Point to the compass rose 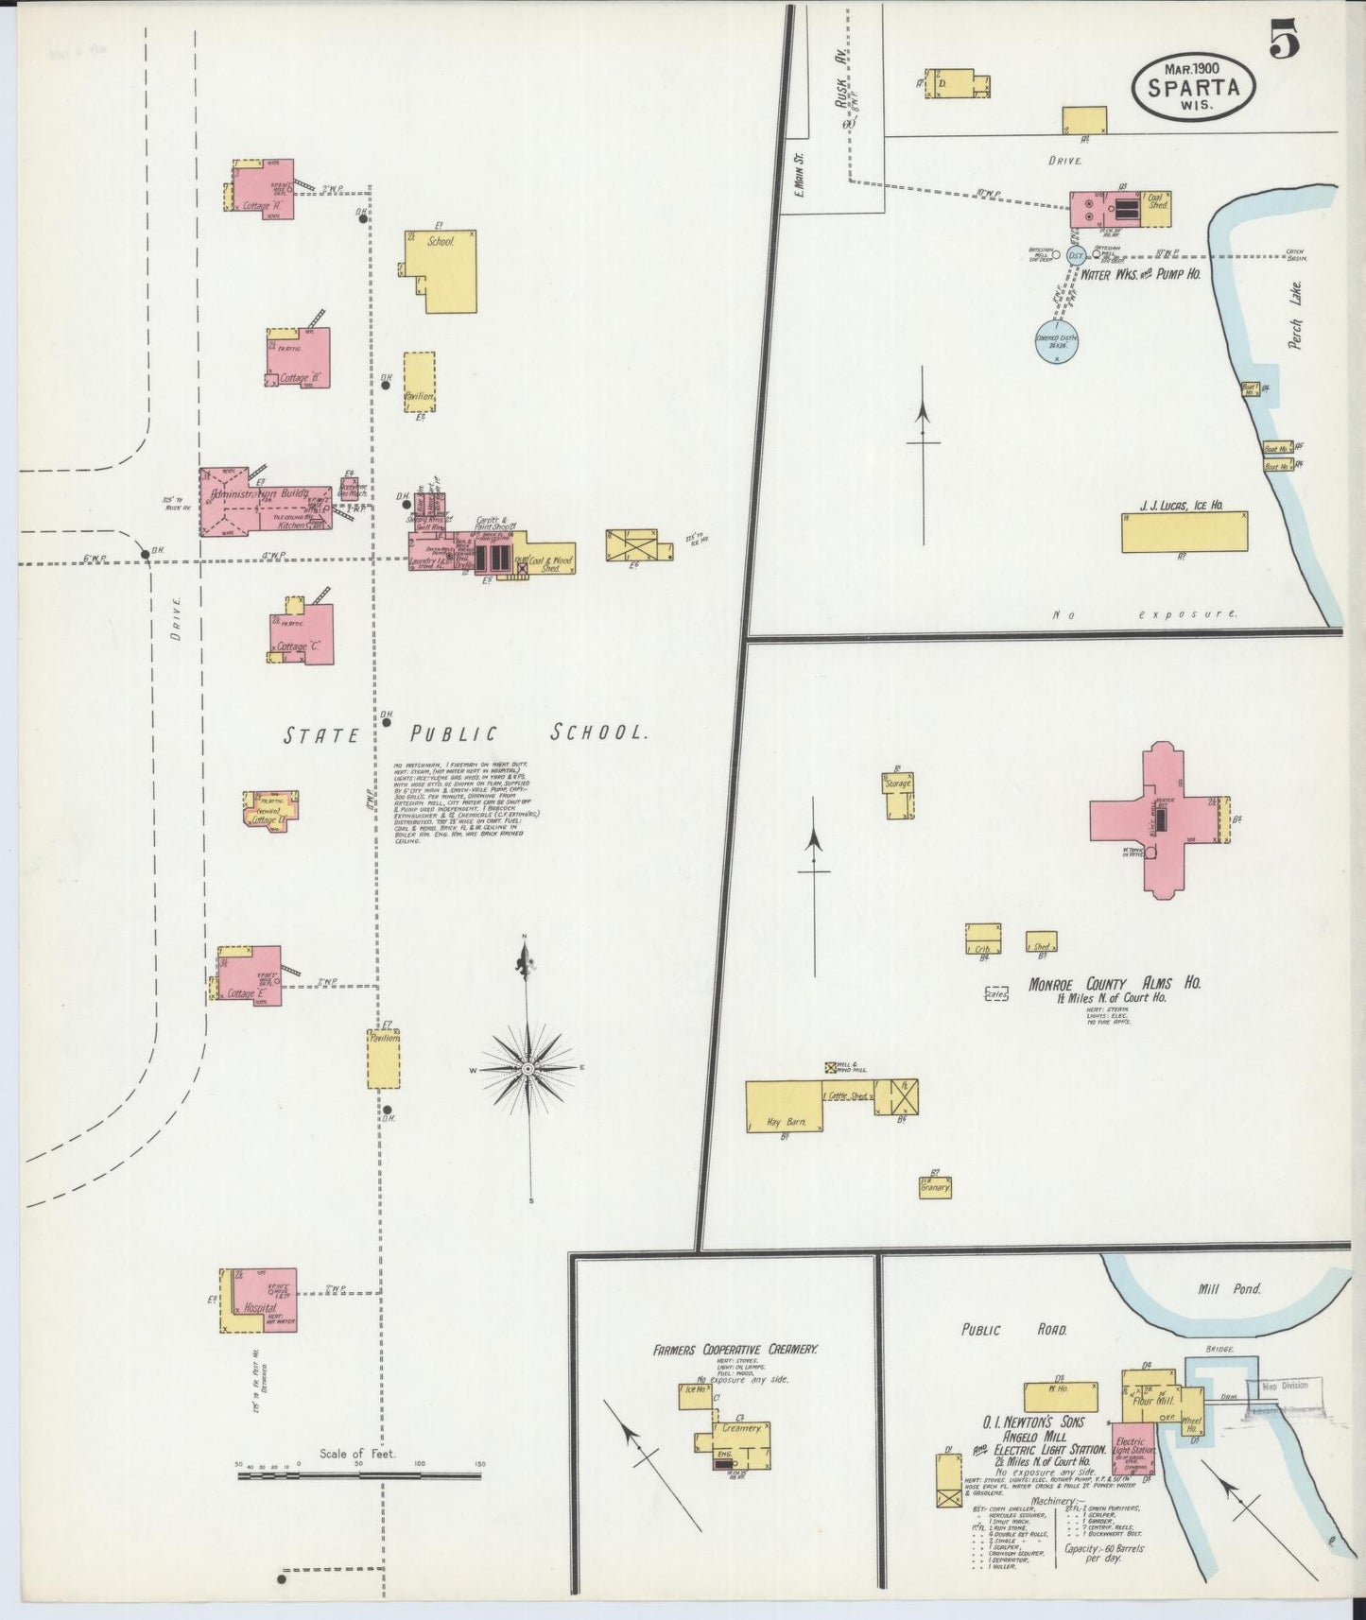coord(528,1067)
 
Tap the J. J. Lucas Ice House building coord(1184,532)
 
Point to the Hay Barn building coord(784,1106)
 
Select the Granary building coord(934,1186)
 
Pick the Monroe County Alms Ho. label coord(1114,983)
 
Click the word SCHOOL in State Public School coord(599,732)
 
